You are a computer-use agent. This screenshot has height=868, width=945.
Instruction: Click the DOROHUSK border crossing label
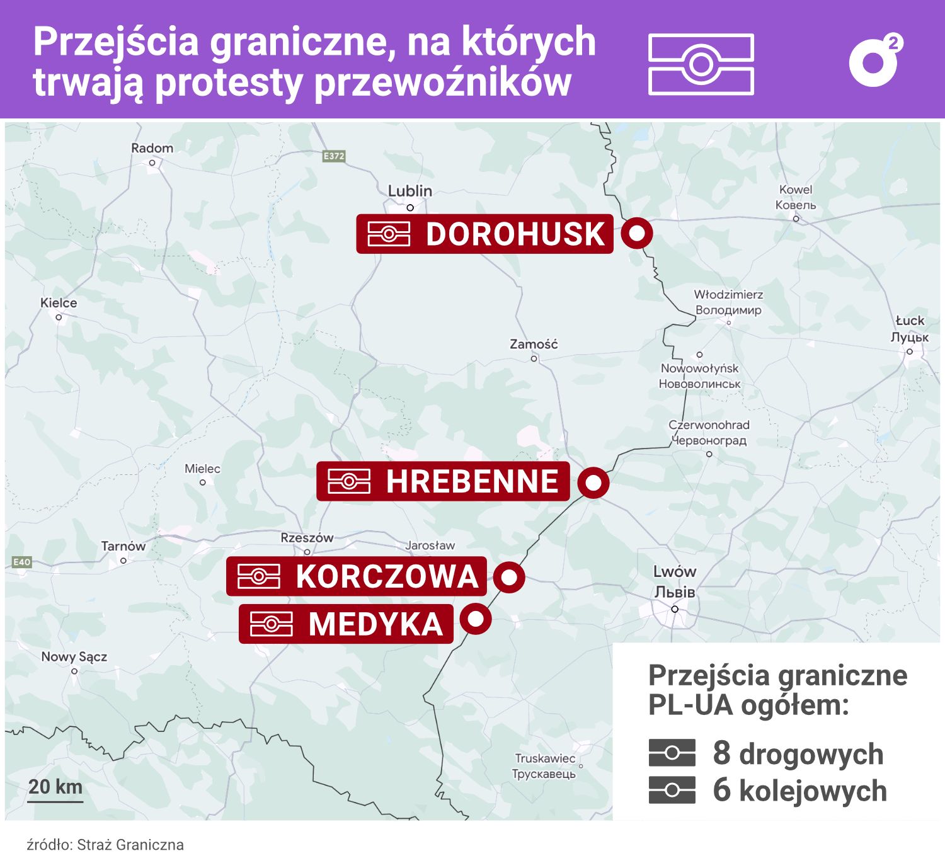point(484,234)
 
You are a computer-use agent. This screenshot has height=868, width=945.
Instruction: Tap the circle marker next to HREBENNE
point(593,483)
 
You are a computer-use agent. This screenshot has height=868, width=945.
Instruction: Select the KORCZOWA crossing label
point(357,576)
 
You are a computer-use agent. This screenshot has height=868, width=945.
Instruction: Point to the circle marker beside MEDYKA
point(476,619)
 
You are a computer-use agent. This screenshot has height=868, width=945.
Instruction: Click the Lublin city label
point(409,191)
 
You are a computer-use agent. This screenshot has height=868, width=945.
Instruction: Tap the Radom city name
point(152,148)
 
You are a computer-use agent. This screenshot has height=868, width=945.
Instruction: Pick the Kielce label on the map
point(59,303)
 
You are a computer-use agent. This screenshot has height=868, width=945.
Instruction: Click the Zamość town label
point(534,345)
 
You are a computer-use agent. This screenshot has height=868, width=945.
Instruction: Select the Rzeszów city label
point(307,538)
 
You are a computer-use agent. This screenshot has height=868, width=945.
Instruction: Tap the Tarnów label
point(123,546)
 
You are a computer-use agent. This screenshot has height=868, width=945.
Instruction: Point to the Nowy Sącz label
point(74,657)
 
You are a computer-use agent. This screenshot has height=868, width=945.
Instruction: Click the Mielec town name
point(202,469)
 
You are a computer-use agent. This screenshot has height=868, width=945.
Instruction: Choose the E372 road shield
point(334,156)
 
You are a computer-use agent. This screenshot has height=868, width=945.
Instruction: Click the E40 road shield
point(21,562)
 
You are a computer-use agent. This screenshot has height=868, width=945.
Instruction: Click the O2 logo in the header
point(875,61)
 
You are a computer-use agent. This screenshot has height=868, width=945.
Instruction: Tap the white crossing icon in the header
point(701,64)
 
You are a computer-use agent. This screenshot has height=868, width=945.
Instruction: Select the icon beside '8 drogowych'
point(672,753)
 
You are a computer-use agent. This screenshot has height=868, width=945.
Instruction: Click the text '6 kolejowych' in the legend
point(799,791)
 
